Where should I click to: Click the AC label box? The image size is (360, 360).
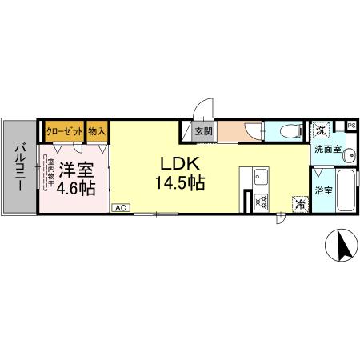point(121,208)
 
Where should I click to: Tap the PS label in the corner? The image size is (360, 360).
point(351,126)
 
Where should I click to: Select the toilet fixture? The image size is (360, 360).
point(291,131)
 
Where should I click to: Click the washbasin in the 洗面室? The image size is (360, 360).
point(350,155)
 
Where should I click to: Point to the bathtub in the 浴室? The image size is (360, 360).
point(346,190)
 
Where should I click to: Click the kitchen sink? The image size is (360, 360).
point(261,177)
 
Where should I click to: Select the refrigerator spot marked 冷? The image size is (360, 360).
point(300,204)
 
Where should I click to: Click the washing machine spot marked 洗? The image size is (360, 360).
point(321,130)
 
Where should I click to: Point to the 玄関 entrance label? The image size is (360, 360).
point(203,131)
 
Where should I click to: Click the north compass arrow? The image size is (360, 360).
point(342,246)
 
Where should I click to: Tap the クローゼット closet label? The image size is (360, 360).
point(65,131)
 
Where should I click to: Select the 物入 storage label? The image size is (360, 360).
point(97,131)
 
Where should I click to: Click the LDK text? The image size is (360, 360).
point(180,164)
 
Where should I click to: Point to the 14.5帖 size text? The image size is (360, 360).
point(180,183)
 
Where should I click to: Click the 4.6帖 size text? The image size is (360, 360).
point(76,189)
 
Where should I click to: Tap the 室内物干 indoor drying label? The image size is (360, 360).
point(50,172)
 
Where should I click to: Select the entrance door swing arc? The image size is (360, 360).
point(202,107)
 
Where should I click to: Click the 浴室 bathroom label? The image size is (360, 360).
point(323,190)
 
